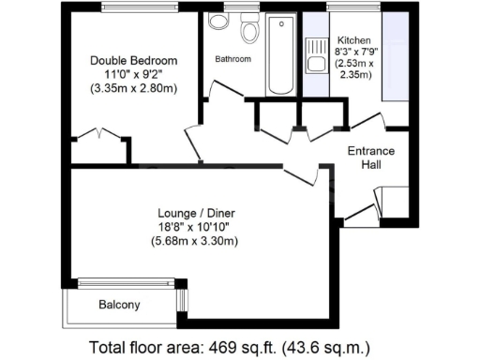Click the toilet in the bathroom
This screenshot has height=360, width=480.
click(x=249, y=31)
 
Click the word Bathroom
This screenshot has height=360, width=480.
click(x=232, y=59)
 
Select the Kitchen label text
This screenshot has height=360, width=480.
click(x=354, y=41)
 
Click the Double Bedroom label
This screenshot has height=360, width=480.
click(x=134, y=61)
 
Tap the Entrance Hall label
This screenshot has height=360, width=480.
click(x=371, y=157)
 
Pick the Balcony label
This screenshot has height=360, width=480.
click(x=119, y=305)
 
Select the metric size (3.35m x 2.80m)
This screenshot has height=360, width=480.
click(x=134, y=89)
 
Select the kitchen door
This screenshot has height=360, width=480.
click(x=367, y=121)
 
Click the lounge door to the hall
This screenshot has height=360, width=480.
click(x=300, y=172)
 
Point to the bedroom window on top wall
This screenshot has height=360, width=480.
click(x=134, y=7)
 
